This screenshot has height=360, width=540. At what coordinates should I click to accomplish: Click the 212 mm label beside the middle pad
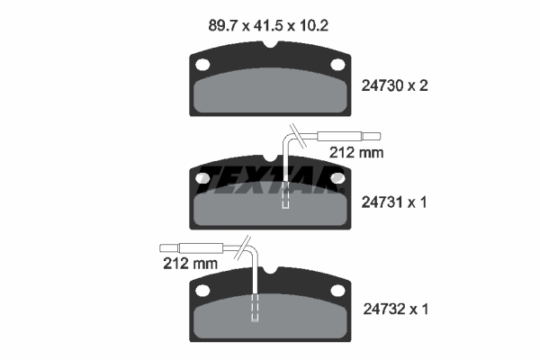(x=358, y=153)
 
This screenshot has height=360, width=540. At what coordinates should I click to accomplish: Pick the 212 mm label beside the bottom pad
(x=192, y=264)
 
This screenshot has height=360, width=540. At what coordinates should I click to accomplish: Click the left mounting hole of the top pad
(x=202, y=65)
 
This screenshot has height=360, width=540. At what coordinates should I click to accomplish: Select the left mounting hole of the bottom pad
(x=202, y=290)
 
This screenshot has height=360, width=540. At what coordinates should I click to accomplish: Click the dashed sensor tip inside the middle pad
(x=286, y=196)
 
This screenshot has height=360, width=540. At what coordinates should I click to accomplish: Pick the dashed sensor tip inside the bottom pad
(x=256, y=308)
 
